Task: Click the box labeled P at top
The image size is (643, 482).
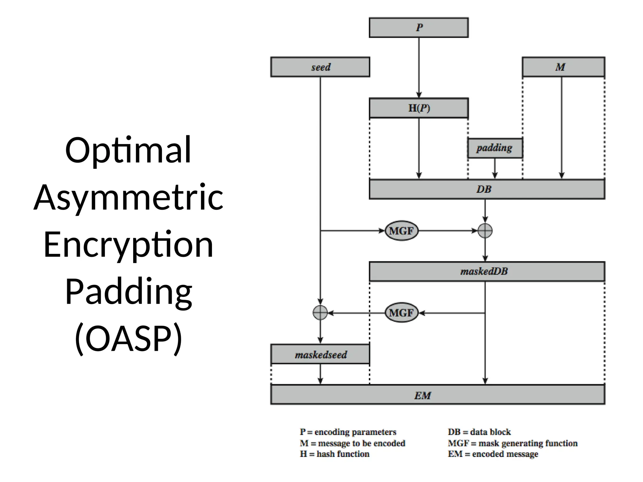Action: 419,28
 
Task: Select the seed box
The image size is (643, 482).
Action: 320,67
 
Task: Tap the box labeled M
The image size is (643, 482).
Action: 563,67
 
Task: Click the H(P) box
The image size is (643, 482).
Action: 419,108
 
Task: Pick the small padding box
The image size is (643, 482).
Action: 494,148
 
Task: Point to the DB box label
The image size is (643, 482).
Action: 484,189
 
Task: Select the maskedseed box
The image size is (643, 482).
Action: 320,354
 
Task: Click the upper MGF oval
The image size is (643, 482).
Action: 401,231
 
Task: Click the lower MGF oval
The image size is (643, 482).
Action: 401,313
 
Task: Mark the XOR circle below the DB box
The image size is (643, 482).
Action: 485,231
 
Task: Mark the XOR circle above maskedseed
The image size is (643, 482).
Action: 320,313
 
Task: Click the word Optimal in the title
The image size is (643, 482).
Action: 128,151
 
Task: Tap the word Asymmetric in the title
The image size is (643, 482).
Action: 128,198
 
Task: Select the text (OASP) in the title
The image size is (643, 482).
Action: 128,339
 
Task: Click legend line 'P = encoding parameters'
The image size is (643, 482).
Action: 348,432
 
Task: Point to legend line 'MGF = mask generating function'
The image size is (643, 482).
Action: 512,443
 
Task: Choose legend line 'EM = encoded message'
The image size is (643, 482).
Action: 493,454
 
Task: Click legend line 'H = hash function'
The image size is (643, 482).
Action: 334,454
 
